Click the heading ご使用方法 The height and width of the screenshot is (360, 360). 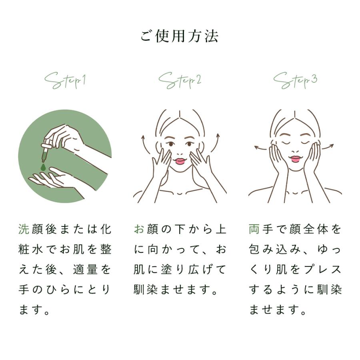180,36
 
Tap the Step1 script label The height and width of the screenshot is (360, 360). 65,80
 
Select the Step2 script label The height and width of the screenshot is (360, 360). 180,80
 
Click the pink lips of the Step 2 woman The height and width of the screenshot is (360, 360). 180,161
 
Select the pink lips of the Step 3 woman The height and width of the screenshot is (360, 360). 295,158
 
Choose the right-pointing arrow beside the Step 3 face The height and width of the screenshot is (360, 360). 328,147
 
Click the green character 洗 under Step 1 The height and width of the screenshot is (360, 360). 24,230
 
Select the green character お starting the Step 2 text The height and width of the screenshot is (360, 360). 139,230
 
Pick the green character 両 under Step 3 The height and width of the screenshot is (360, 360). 254,230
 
